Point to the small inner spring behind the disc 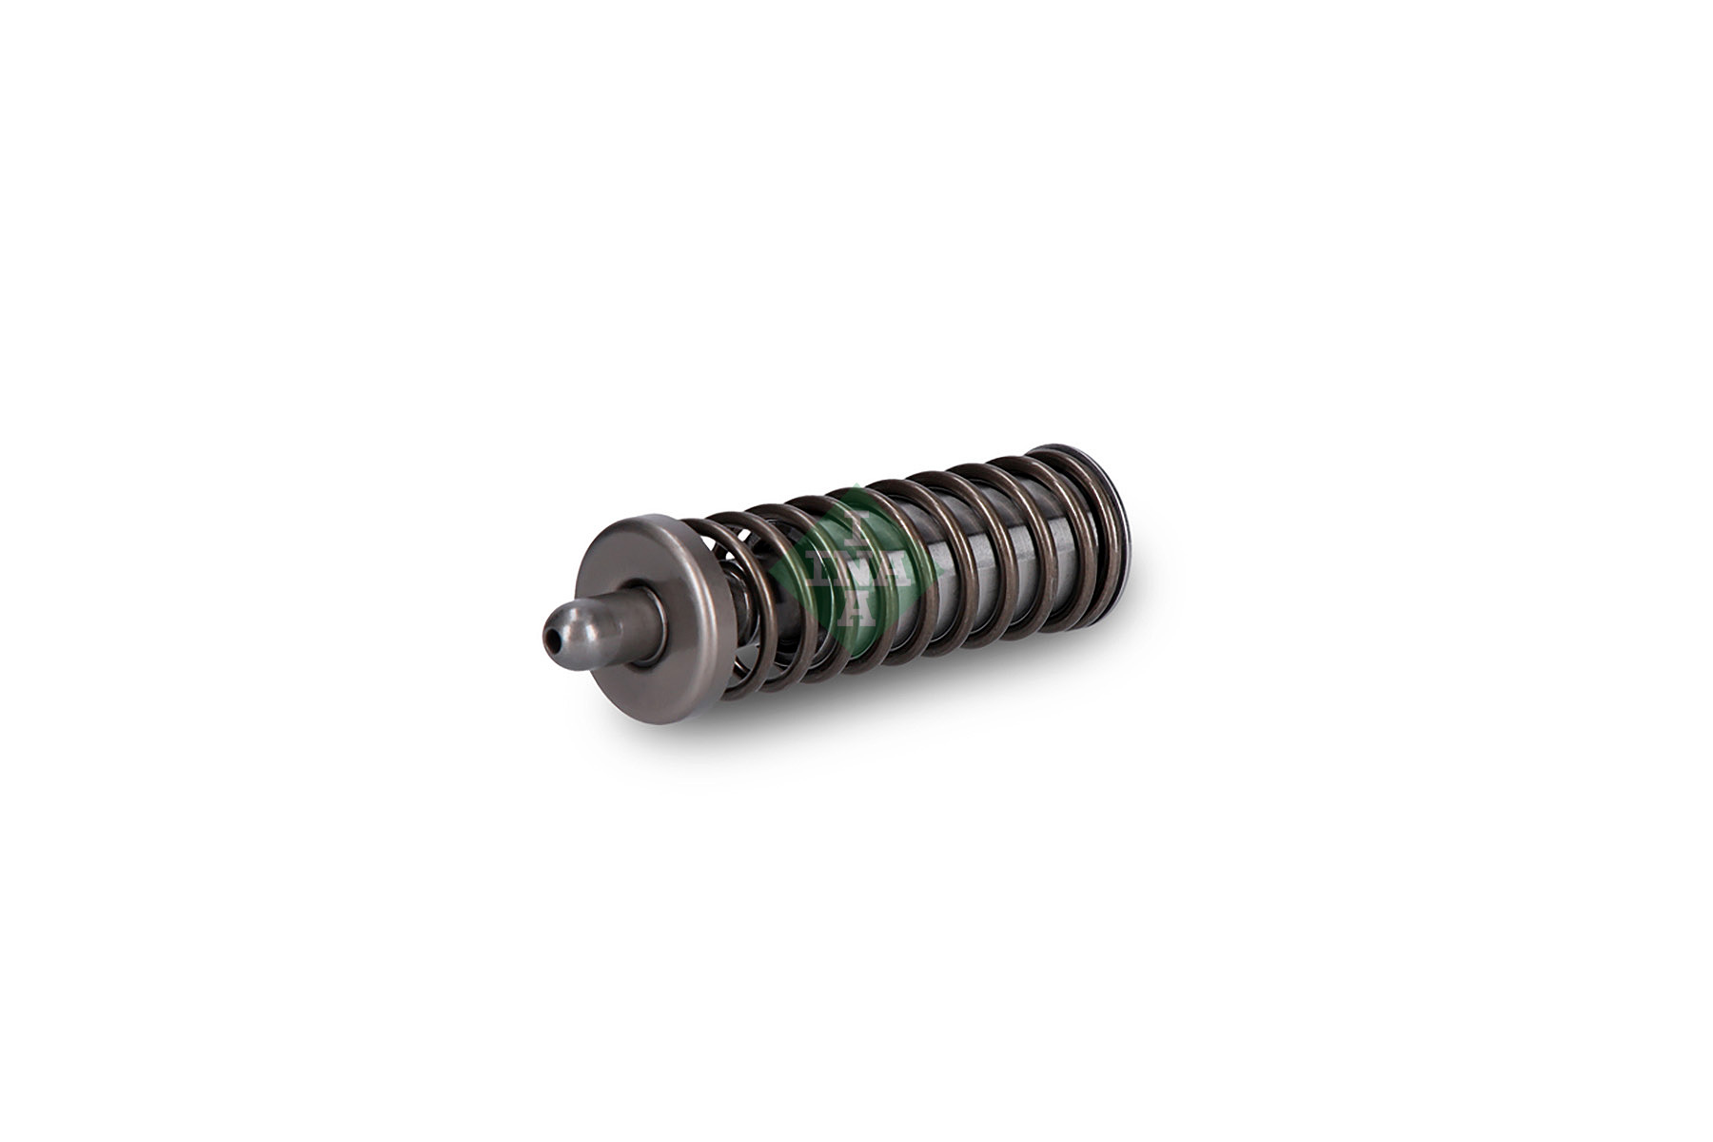click(x=752, y=609)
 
